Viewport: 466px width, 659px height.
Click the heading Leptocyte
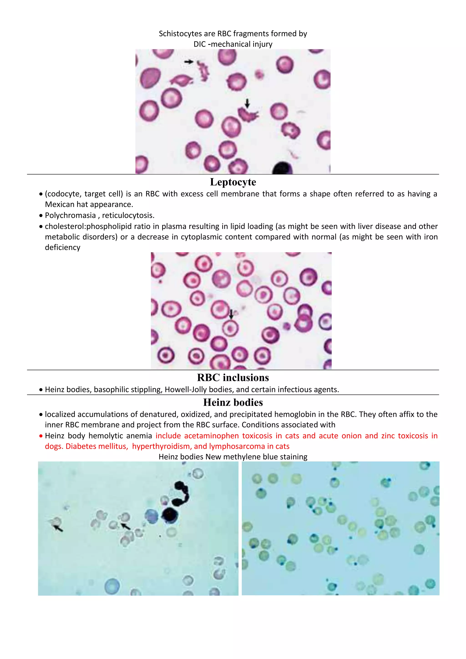(x=233, y=182)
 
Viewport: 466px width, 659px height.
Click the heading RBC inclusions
(x=233, y=378)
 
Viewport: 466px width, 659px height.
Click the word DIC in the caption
(x=199, y=44)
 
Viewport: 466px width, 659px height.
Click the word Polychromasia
(x=70, y=215)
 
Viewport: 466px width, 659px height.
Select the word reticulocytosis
(x=128, y=215)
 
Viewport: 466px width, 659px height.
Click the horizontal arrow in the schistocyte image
(x=189, y=61)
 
